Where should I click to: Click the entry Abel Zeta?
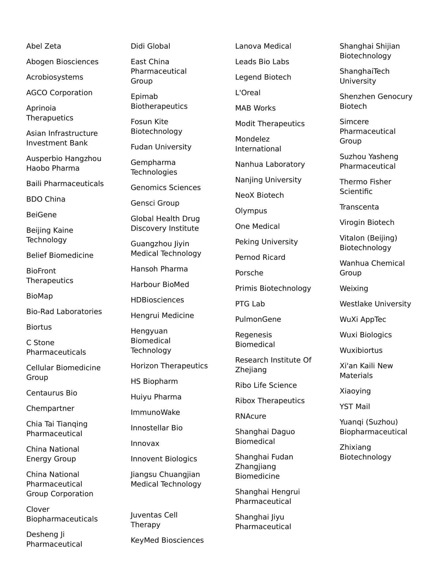tap(44, 46)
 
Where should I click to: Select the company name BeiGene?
tap(41, 215)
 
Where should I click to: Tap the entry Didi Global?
tap(150, 46)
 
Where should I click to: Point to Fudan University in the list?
tap(161, 147)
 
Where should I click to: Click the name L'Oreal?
tap(248, 93)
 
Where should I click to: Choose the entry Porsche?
tap(249, 273)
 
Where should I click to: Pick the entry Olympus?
tap(251, 211)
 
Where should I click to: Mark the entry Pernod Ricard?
tap(260, 257)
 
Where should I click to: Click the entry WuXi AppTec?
tap(363, 320)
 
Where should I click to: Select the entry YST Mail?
tap(355, 407)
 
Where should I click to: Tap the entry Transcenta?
tap(359, 207)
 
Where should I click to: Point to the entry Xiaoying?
tap(355, 391)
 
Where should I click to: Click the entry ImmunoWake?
tap(155, 412)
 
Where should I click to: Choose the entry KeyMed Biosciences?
tap(167, 540)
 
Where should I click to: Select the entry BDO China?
tap(46, 199)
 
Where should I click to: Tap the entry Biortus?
tap(39, 327)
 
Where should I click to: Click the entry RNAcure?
tap(251, 417)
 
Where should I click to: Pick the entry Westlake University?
tap(375, 304)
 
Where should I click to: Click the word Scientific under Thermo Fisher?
tap(356, 192)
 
